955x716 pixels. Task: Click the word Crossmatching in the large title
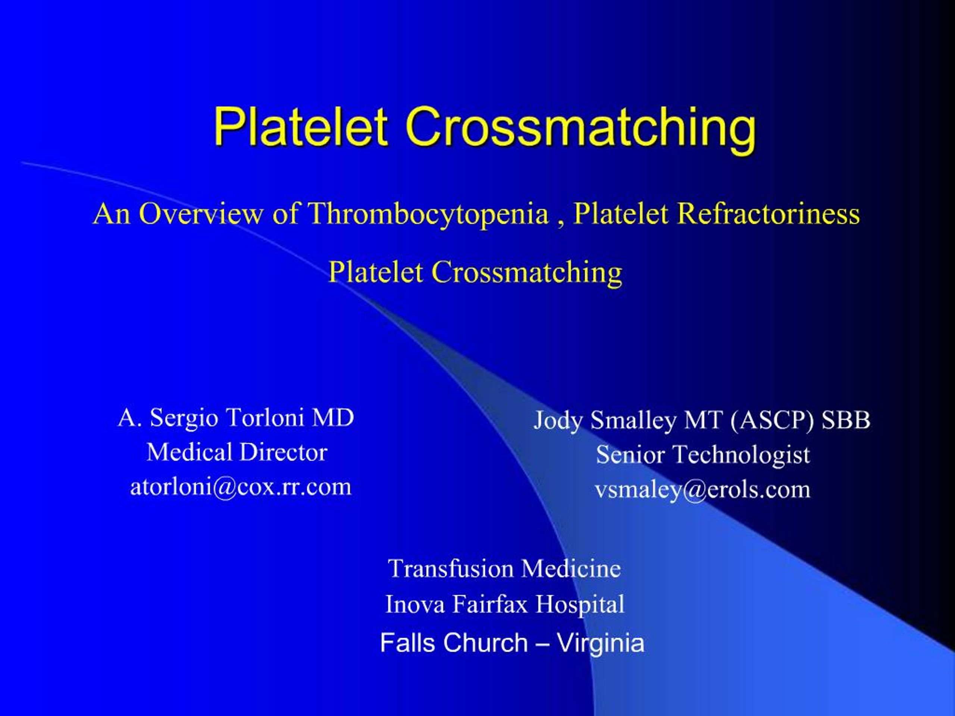[x=580, y=126]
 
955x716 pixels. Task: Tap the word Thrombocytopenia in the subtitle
[x=428, y=213]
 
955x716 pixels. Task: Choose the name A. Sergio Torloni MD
[x=236, y=417]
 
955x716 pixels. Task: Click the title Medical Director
[x=237, y=452]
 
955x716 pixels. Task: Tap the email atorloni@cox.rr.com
[x=241, y=486]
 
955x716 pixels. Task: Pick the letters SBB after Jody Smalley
[x=845, y=420]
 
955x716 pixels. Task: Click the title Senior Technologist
[x=703, y=455]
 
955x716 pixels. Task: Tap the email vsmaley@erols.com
[x=702, y=489]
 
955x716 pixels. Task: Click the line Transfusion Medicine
[x=504, y=568]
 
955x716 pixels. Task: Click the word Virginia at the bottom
[x=600, y=643]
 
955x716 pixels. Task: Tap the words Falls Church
[x=454, y=643]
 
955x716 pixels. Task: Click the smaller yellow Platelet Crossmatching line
[x=475, y=272]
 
